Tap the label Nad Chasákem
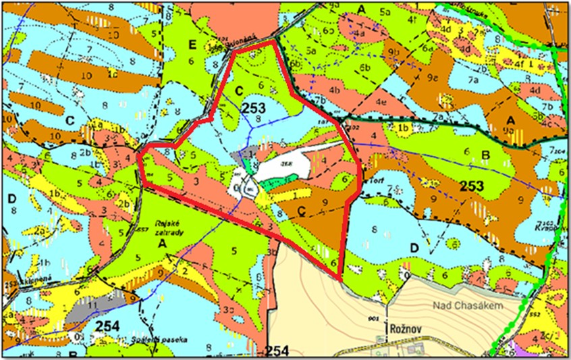[489, 309]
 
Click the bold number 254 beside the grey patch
[108, 326]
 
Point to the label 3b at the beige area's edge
[271, 253]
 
